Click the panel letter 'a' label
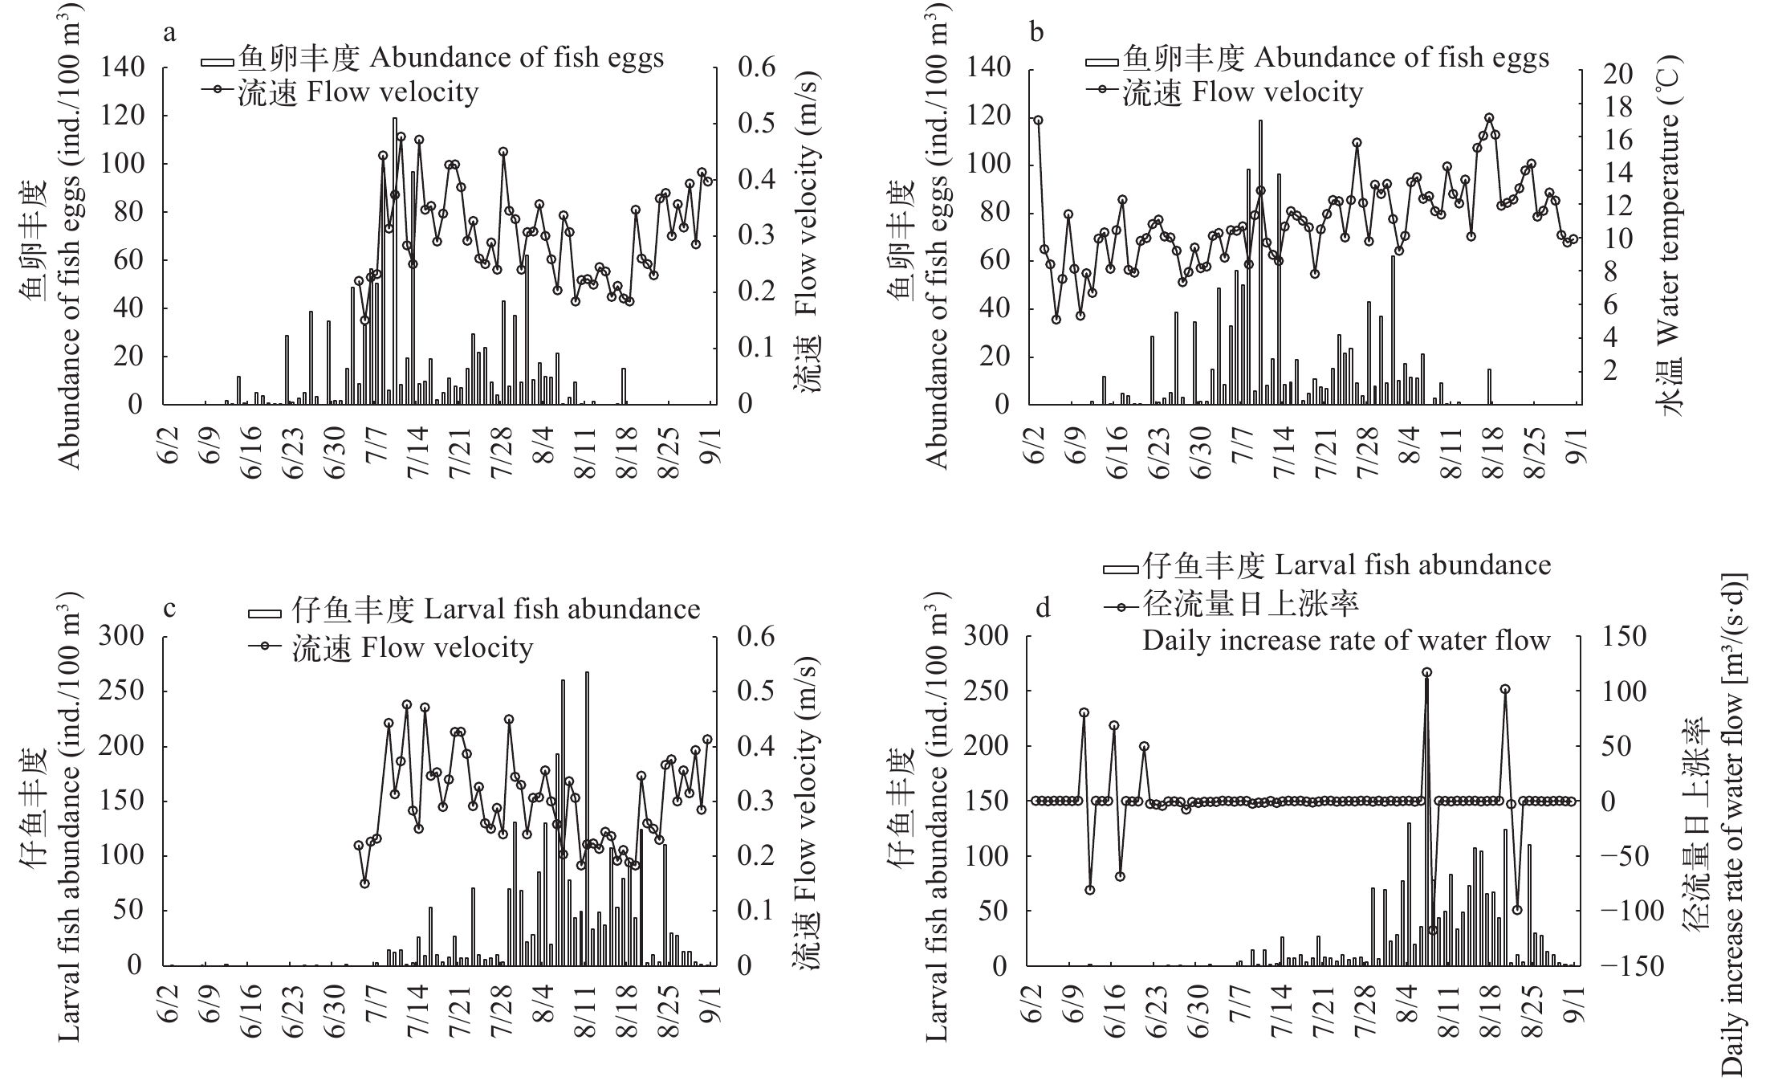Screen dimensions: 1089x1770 169,33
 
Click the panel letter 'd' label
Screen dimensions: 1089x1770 1043,608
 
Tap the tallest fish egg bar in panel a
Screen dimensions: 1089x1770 394,261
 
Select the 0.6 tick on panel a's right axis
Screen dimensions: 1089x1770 757,67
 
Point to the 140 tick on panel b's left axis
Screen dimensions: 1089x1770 993,67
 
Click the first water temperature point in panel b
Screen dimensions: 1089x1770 1038,120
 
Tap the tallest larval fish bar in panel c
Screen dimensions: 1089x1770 587,818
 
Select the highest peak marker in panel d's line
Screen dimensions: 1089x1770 1426,672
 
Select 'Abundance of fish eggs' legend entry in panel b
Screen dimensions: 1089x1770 1400,58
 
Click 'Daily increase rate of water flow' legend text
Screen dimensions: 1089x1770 1346,641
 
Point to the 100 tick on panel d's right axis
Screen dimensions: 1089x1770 1621,691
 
